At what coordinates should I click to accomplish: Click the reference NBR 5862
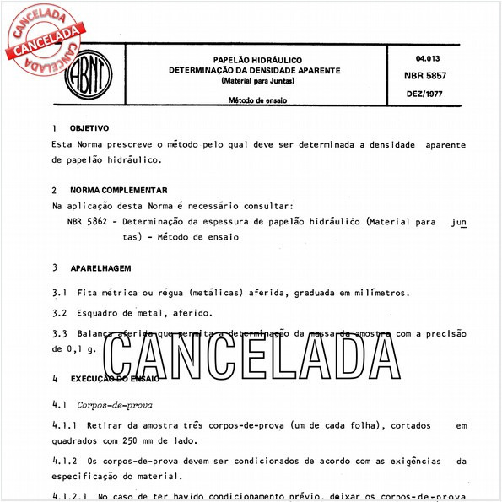pyautogui.click(x=89, y=222)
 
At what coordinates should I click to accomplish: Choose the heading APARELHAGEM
pyautogui.click(x=100, y=267)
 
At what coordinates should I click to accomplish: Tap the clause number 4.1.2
pyautogui.click(x=66, y=462)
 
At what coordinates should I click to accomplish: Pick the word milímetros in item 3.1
pyautogui.click(x=377, y=293)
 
